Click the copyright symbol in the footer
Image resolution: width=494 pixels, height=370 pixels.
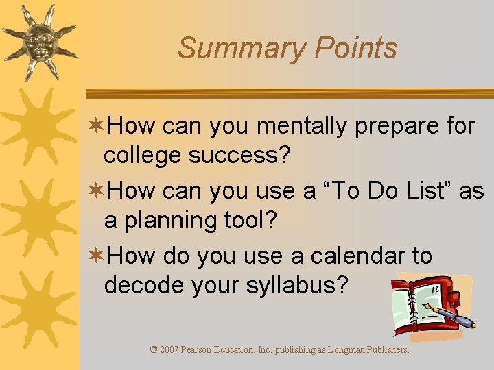[x=154, y=350]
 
